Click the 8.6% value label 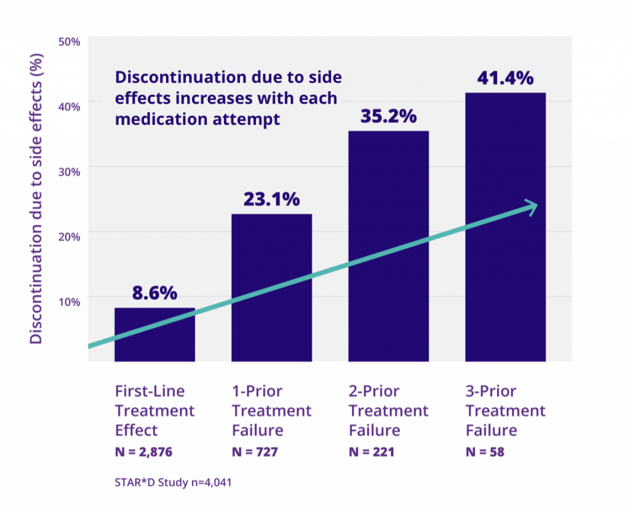pyautogui.click(x=154, y=293)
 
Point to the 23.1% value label pyautogui.click(x=271, y=200)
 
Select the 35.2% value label pyautogui.click(x=388, y=116)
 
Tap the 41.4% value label pyautogui.click(x=505, y=79)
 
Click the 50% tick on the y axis pyautogui.click(x=69, y=42)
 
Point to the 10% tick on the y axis pyautogui.click(x=69, y=302)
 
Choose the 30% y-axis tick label pyautogui.click(x=69, y=172)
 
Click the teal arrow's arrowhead pyautogui.click(x=530, y=208)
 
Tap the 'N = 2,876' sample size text pyautogui.click(x=143, y=451)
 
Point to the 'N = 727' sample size pyautogui.click(x=255, y=451)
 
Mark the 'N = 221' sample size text pyautogui.click(x=372, y=451)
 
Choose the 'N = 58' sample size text pyautogui.click(x=485, y=451)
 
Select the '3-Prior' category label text pyautogui.click(x=490, y=392)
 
